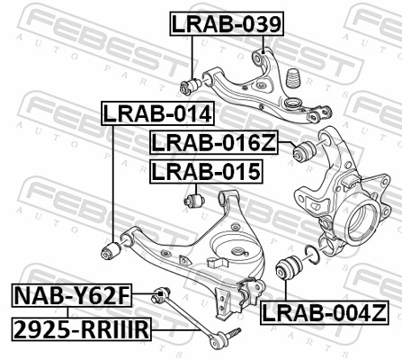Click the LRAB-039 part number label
227,24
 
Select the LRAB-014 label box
156,114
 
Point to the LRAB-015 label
205,171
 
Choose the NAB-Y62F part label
71,294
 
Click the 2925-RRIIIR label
80,330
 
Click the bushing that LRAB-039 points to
191,85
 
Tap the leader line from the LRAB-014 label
111,180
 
